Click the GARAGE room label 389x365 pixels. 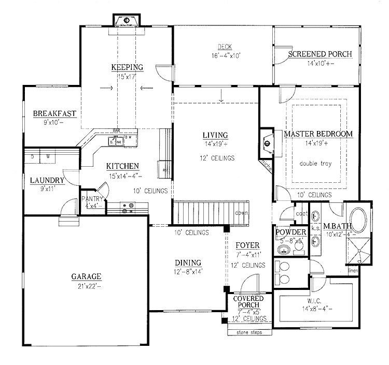(x=86, y=276)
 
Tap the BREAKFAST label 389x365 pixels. (x=55, y=113)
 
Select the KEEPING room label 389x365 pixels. (x=127, y=67)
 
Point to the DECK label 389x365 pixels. (x=224, y=46)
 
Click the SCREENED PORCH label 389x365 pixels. (x=320, y=54)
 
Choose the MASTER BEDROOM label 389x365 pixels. (x=318, y=134)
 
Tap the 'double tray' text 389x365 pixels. (x=315, y=164)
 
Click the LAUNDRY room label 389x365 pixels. (x=47, y=180)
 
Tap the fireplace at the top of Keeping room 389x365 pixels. (x=127, y=21)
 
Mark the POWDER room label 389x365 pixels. (x=291, y=232)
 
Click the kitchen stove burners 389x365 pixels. (x=128, y=208)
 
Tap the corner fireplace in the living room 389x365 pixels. (x=267, y=141)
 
